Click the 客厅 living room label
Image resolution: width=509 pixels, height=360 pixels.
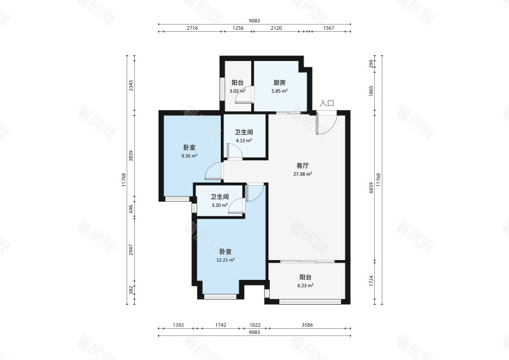tap(303, 166)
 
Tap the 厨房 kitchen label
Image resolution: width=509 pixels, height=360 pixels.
tap(279, 83)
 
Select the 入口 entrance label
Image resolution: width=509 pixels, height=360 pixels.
tap(327, 103)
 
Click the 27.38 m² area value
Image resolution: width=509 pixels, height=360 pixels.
tap(303, 174)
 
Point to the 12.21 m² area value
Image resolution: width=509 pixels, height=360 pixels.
tap(226, 260)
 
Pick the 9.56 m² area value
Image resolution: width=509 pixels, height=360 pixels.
tap(190, 156)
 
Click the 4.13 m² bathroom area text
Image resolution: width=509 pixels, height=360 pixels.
tap(244, 141)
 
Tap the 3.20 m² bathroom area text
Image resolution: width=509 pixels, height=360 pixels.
tap(220, 205)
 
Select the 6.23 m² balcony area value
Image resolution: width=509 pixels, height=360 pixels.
tap(305, 286)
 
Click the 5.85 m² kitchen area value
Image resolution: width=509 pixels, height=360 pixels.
tap(279, 91)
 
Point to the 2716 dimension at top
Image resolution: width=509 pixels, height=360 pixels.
tap(192, 28)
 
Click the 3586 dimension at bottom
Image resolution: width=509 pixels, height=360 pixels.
tap(307, 324)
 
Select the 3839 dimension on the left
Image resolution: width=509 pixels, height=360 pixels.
tap(131, 156)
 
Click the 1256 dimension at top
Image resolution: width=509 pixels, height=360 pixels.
tap(238, 28)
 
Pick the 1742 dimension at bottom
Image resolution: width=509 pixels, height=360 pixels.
tap(221, 324)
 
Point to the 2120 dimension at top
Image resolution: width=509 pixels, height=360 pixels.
tap(276, 28)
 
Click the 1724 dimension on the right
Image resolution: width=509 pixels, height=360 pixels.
tap(371, 281)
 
